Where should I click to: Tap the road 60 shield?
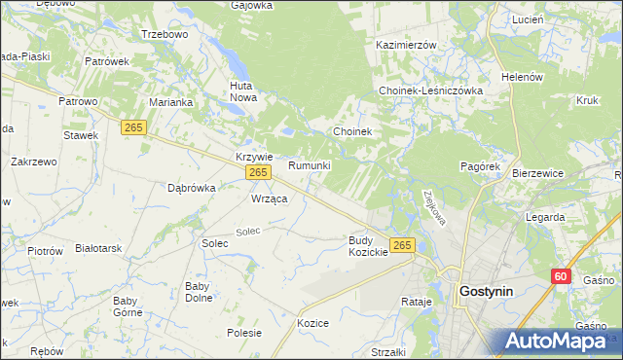(561, 276)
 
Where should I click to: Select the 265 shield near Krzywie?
(257, 172)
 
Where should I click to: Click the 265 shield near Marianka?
(134, 127)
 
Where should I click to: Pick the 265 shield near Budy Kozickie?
(402, 245)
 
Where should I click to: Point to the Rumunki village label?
(310, 165)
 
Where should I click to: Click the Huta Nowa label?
(241, 91)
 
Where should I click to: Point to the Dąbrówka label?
(191, 188)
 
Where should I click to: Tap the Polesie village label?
(243, 332)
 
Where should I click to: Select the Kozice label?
(313, 322)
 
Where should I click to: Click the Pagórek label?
(480, 166)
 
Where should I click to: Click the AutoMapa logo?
(561, 342)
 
